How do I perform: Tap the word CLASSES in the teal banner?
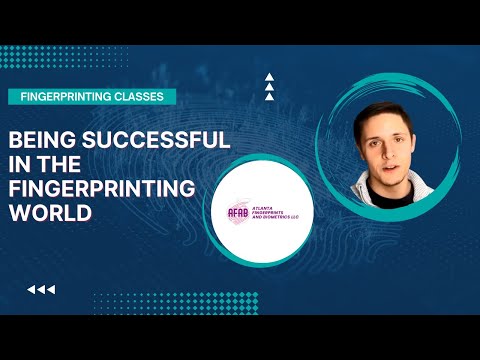click(x=141, y=96)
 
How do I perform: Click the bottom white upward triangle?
click(x=268, y=98)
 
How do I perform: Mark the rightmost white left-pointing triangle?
click(x=51, y=290)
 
